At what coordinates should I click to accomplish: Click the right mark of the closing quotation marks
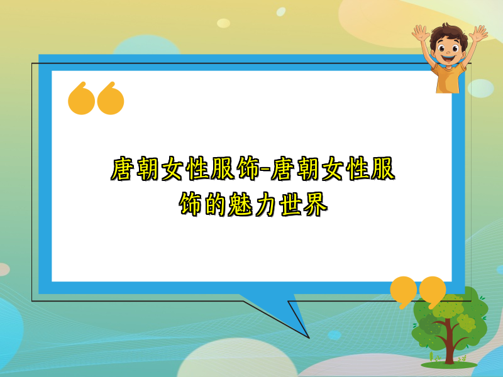tap(433, 290)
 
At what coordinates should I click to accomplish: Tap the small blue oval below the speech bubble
tap(334, 335)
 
